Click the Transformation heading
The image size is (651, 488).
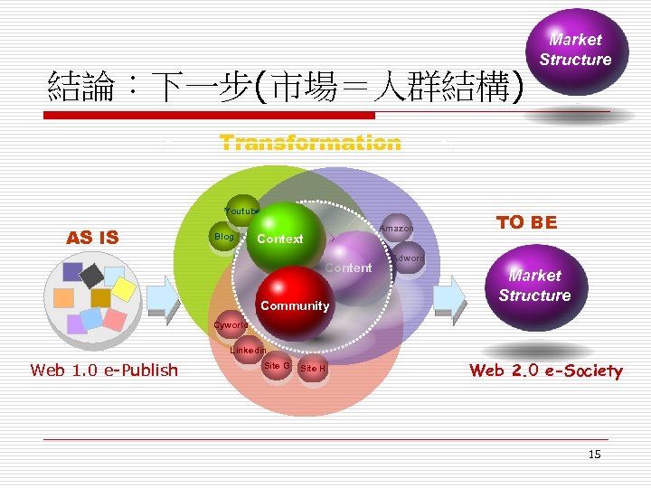[310, 144]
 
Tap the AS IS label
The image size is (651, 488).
[92, 238]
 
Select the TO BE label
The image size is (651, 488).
[526, 222]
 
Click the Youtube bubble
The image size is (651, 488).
[242, 211]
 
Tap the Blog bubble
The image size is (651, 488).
[223, 238]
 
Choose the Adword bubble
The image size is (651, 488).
[409, 258]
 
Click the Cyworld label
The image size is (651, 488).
[230, 325]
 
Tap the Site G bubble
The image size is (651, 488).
[277, 366]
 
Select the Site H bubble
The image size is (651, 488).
[313, 368]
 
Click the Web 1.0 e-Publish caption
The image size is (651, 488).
[104, 370]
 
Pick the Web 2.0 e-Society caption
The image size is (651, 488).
[545, 371]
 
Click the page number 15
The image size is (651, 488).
[594, 454]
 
